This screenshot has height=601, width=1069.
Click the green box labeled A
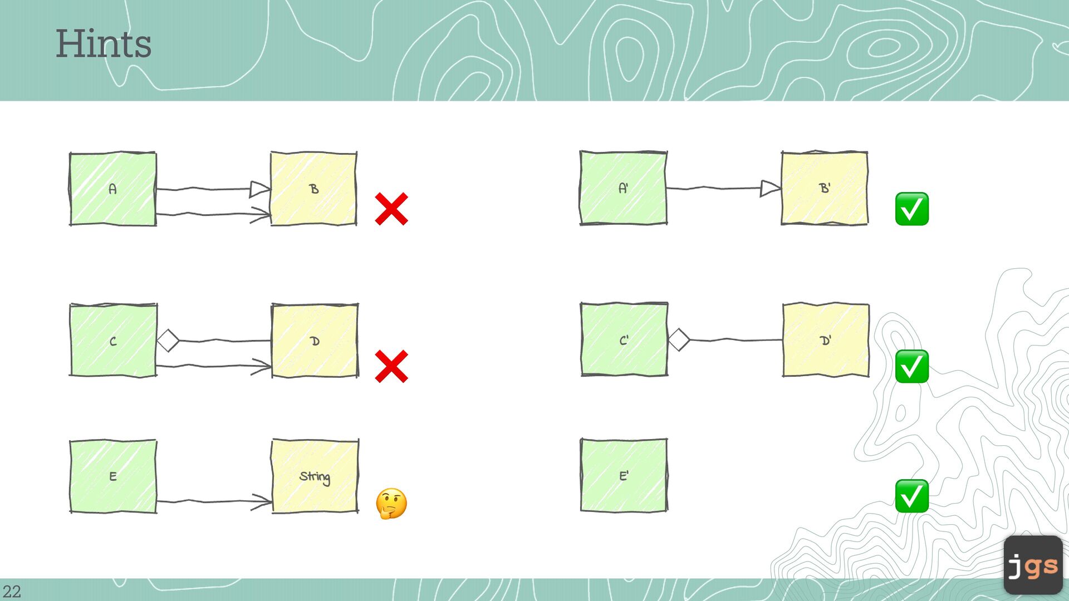(x=112, y=189)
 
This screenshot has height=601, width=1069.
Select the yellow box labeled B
(x=313, y=189)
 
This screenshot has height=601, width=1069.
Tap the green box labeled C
(x=113, y=340)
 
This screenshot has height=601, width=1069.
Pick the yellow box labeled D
(x=315, y=341)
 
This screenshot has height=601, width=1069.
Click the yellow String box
(x=315, y=476)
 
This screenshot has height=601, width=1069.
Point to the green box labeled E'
(x=624, y=475)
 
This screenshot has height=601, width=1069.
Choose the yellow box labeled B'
(x=825, y=188)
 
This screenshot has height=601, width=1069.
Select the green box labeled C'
(x=624, y=339)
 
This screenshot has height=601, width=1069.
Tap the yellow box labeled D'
(x=826, y=339)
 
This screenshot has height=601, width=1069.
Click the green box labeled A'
(x=623, y=188)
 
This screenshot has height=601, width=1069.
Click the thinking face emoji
(x=391, y=504)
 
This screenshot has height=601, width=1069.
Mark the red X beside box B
(x=391, y=209)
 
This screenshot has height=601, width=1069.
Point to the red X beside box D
(x=391, y=366)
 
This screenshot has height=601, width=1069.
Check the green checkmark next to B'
(x=911, y=209)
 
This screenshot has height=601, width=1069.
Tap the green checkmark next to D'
(x=911, y=366)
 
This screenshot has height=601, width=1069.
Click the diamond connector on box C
(x=168, y=341)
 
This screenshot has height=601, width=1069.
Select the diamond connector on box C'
(x=679, y=339)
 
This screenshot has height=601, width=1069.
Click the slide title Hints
(x=104, y=44)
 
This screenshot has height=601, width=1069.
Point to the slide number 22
(x=12, y=591)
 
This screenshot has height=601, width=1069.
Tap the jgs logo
(x=1033, y=565)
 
